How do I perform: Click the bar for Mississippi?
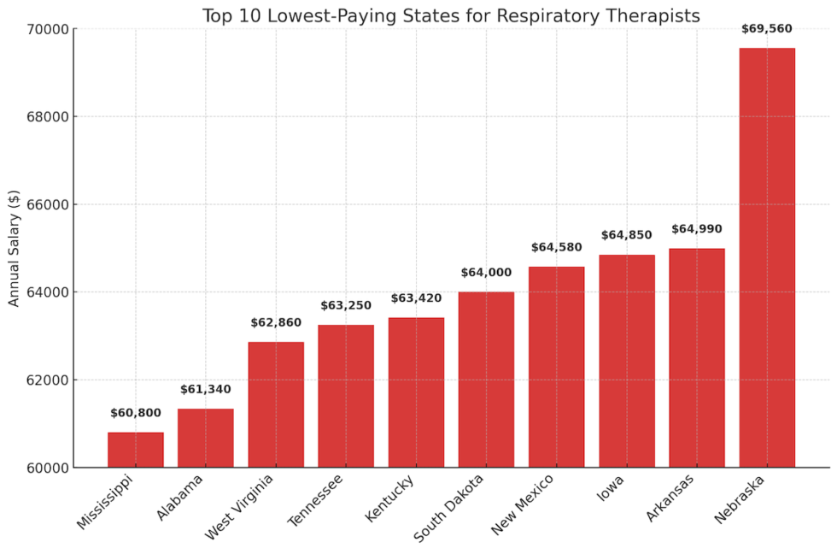[135, 450]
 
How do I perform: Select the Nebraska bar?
[767, 257]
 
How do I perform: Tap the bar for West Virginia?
[276, 404]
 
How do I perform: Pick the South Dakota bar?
[486, 380]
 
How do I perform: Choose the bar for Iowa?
[626, 361]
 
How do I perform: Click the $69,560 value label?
[767, 29]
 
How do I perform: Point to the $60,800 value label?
[135, 414]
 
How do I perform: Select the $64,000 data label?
[486, 273]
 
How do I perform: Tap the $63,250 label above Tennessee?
[346, 305]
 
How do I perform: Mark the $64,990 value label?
[696, 229]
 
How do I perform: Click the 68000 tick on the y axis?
[49, 117]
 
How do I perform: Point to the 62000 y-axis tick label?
[49, 380]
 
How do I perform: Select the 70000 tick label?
[49, 29]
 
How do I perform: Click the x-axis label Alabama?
[181, 497]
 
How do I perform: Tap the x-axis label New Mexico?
[524, 504]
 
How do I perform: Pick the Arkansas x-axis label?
[670, 498]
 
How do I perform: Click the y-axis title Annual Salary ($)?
[14, 249]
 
